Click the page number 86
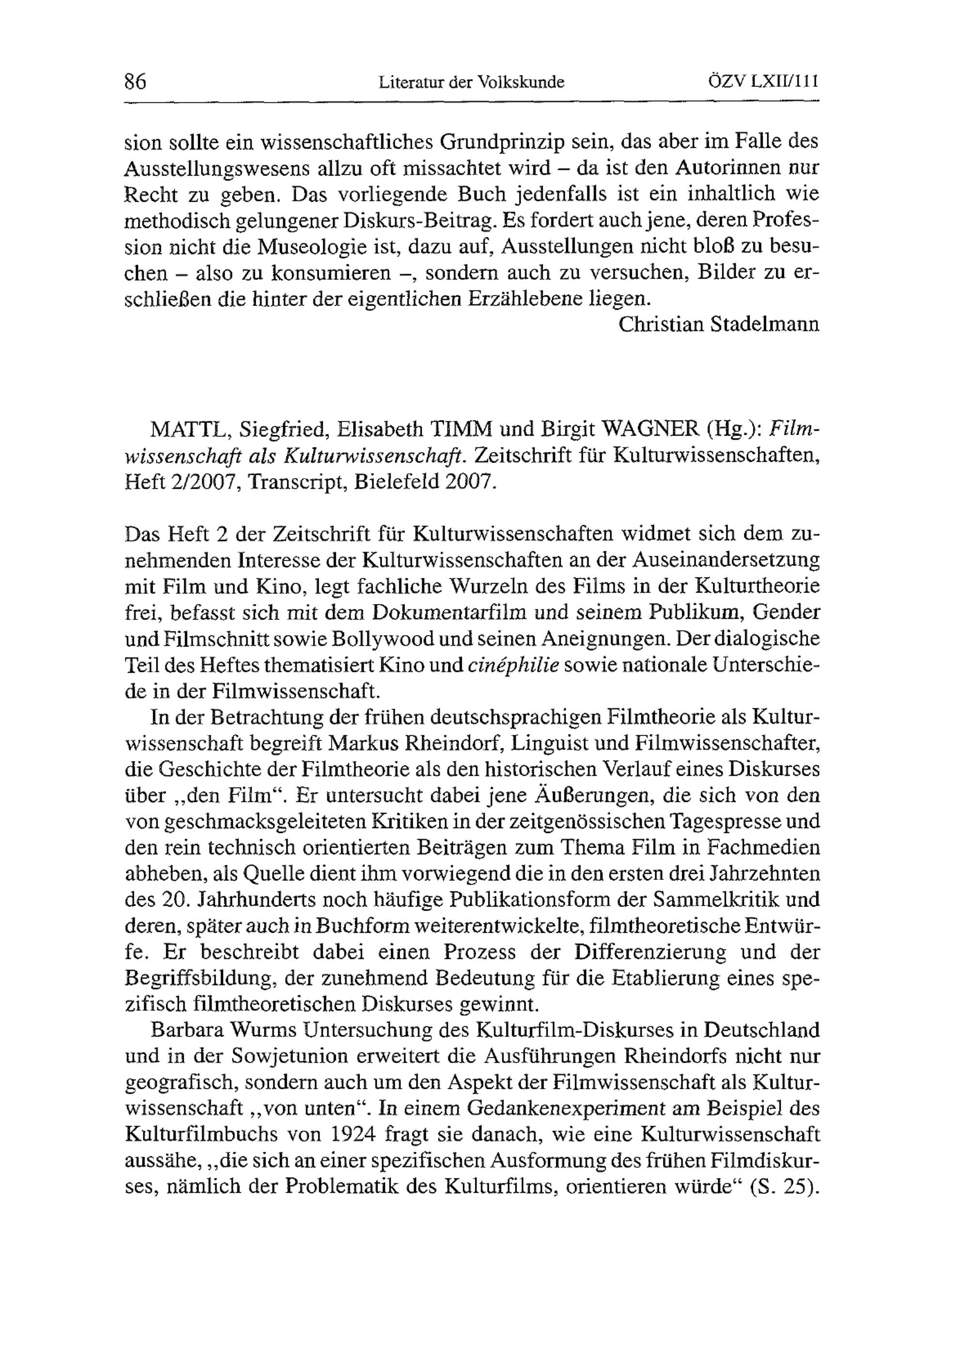(136, 82)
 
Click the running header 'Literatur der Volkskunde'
(471, 82)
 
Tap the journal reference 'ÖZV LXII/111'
(763, 82)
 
